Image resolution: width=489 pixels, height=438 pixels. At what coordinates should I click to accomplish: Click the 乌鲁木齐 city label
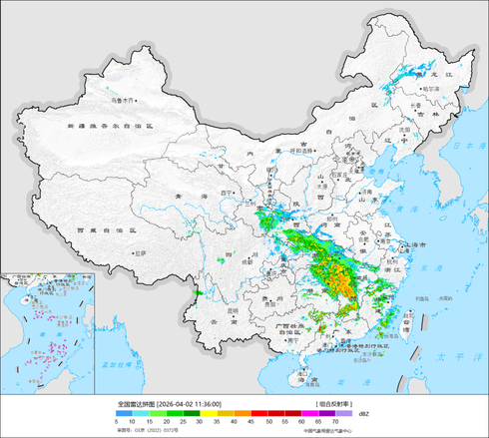pyautogui.click(x=123, y=100)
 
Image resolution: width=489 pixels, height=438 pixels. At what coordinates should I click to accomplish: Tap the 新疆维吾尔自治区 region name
pyautogui.click(x=109, y=128)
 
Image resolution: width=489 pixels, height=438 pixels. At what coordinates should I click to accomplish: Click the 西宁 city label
pyautogui.click(x=226, y=193)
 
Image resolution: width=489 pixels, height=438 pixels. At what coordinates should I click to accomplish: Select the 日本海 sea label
pyautogui.click(x=468, y=146)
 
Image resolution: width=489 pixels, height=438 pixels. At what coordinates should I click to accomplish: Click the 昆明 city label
pyautogui.click(x=233, y=310)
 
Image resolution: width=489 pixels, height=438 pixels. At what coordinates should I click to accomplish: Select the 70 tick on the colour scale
pyautogui.click(x=334, y=422)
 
